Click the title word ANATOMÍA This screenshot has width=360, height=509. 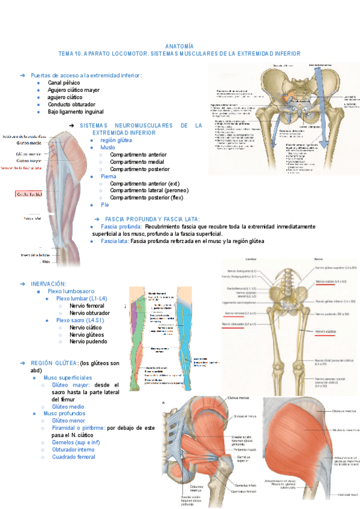(179, 46)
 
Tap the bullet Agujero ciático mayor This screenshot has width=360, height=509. (74, 89)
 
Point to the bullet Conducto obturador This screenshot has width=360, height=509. (71, 104)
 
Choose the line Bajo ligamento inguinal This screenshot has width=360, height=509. (76, 112)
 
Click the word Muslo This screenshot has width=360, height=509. (108, 147)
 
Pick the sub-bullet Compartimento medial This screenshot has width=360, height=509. (138, 161)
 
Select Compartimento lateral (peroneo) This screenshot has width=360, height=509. (147, 190)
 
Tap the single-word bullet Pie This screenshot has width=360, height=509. (105, 205)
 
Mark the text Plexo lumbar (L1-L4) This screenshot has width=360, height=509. (82, 298)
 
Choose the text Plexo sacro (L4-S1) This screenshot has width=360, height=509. (81, 320)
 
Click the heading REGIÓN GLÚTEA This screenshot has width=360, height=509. (54, 363)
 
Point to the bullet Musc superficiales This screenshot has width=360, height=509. (67, 378)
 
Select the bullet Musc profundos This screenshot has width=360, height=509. (64, 414)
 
